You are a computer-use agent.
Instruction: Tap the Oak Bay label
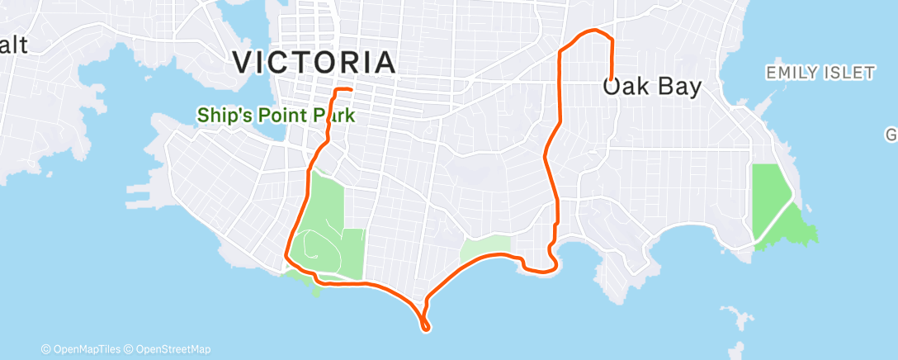[652, 87]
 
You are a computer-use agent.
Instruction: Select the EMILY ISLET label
[820, 73]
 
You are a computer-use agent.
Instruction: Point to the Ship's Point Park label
[276, 116]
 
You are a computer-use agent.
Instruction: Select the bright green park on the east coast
[776, 206]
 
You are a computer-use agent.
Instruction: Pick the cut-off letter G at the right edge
[891, 134]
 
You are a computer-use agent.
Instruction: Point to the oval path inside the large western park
[322, 244]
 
